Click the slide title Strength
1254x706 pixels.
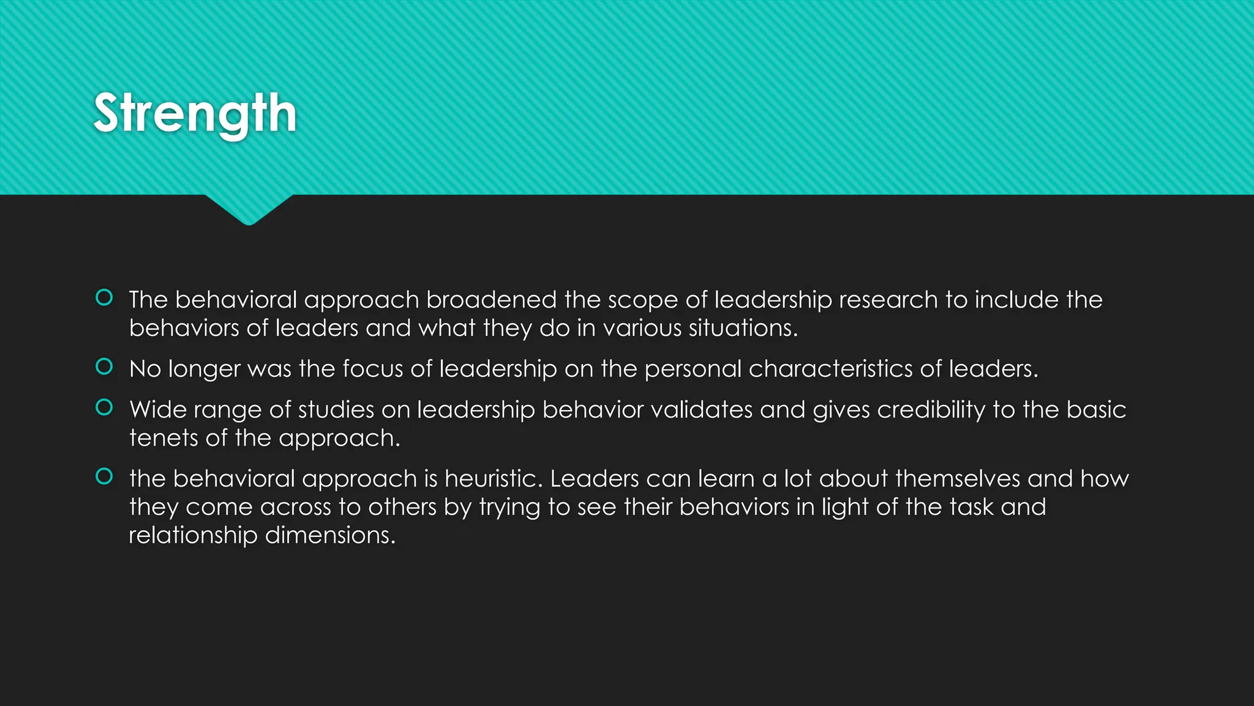pos(195,114)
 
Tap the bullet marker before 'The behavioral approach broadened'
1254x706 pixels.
pos(105,298)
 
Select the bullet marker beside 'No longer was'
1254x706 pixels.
pos(105,366)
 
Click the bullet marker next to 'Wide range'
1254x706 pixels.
pos(105,408)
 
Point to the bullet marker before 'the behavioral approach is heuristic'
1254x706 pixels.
pos(105,476)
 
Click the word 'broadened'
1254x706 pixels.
pos(492,300)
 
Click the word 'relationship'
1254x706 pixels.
pos(193,536)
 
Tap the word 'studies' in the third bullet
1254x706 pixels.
pos(336,409)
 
